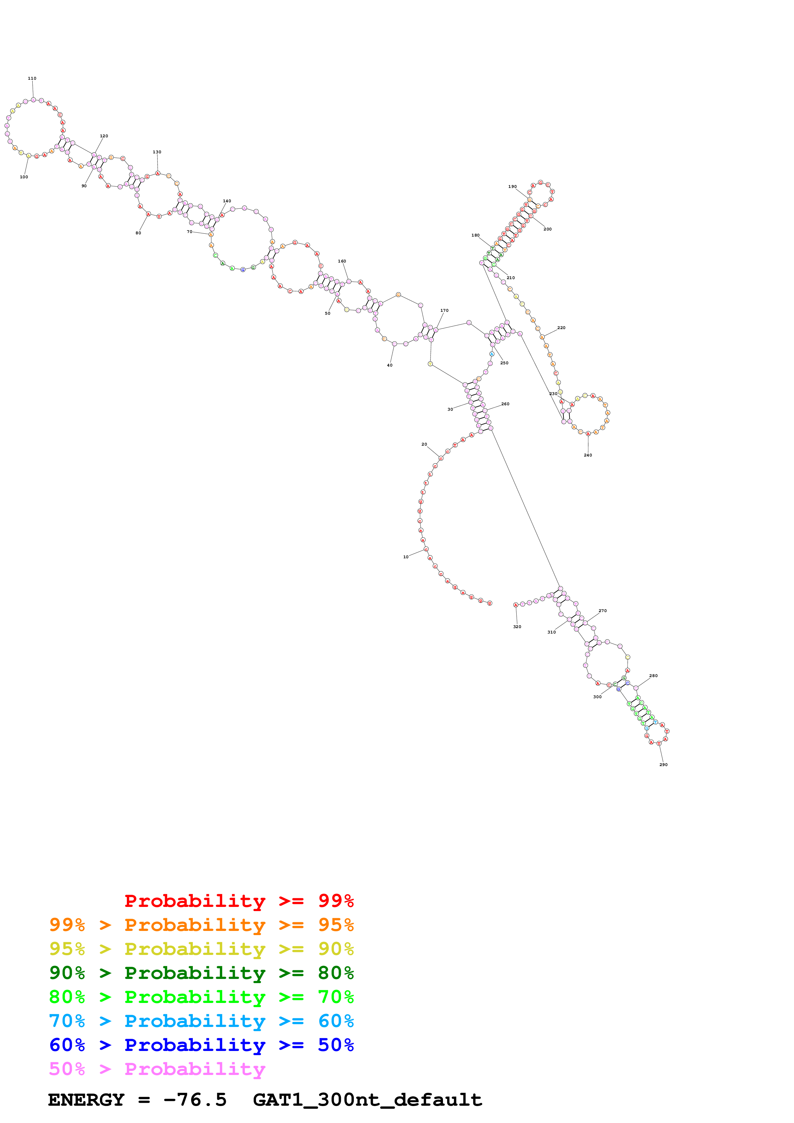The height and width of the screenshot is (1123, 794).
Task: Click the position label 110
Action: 32,78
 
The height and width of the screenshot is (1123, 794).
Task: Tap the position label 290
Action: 663,764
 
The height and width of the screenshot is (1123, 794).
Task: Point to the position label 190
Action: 512,186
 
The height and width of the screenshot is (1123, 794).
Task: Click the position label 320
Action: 517,626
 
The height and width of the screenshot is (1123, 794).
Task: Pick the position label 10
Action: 405,557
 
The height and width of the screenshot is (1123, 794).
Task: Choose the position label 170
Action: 444,311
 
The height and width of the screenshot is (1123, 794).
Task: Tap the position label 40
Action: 389,365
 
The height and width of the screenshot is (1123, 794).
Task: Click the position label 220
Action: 561,328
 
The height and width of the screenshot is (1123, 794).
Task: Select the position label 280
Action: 653,675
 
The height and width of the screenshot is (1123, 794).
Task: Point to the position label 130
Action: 157,152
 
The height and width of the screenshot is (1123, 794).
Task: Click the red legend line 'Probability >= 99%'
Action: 239,901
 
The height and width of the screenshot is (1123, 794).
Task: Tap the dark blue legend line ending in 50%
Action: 201,1045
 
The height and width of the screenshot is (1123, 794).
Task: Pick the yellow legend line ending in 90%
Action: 201,949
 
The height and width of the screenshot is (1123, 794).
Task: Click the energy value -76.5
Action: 195,1100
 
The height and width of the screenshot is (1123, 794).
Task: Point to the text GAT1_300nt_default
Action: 367,1100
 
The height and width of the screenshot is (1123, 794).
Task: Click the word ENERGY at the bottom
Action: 86,1100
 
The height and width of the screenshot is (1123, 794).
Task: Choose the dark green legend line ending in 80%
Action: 201,973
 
